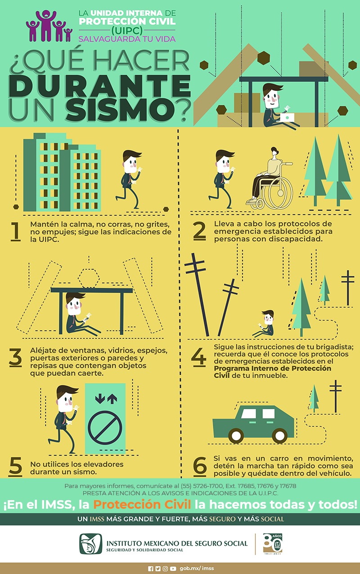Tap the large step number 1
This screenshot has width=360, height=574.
(x=16, y=232)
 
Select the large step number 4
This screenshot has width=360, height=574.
(x=198, y=357)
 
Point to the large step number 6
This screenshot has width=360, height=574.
(x=200, y=466)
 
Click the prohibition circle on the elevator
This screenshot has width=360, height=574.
(x=105, y=427)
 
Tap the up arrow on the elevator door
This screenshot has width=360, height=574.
(x=112, y=399)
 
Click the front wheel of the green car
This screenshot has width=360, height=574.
(x=236, y=435)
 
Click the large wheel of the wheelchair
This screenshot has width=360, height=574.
(x=280, y=193)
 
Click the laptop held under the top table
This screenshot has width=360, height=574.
(x=287, y=117)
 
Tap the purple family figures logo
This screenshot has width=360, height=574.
(x=49, y=26)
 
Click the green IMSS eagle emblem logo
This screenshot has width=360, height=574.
(x=91, y=543)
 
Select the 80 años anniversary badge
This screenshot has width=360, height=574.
(x=273, y=543)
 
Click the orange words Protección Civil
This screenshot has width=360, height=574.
(x=142, y=505)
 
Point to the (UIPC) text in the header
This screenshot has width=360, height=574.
(x=127, y=31)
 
